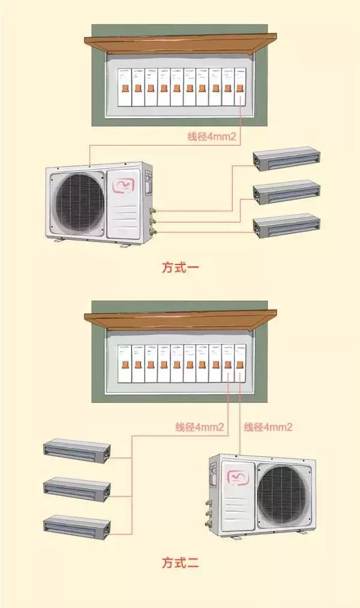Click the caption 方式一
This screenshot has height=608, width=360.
point(180,267)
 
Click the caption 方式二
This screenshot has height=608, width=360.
point(180,563)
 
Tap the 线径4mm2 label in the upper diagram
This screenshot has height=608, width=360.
point(212,137)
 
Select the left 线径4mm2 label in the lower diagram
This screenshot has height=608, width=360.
point(200,428)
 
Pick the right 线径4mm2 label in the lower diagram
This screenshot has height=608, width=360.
point(268,428)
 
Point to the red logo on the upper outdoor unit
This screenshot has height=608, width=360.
point(125,183)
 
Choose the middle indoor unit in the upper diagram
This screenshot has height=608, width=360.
point(286,193)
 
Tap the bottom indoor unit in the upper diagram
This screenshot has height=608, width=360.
point(286,227)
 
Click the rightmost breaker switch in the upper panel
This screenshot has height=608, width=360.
point(241,88)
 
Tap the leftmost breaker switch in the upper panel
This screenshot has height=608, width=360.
point(124,88)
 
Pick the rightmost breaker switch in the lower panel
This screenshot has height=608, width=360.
point(241,363)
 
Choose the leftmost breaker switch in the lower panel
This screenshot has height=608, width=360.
point(124,363)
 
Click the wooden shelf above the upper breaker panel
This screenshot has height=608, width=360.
point(180,43)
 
